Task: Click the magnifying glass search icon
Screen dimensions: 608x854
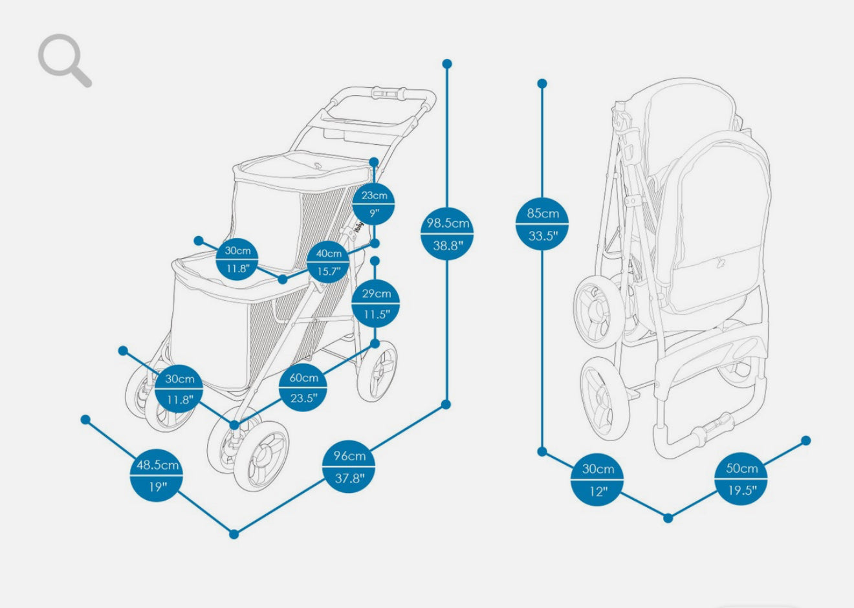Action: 63,60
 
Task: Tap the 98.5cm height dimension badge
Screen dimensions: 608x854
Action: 447,234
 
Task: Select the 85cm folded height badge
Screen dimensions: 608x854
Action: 542,224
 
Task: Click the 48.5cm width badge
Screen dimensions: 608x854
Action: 157,475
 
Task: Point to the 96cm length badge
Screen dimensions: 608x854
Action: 349,466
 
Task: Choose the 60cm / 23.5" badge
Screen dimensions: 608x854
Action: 303,387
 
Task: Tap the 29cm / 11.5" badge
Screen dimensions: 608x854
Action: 376,303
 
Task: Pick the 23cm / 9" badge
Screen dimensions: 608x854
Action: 374,204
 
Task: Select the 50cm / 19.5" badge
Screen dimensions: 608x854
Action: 741,479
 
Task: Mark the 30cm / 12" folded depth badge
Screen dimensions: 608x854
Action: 597,479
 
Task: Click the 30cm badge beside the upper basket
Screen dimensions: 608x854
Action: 237,259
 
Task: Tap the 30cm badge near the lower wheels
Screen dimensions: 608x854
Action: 179,388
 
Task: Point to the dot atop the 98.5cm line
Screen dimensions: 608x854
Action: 447,63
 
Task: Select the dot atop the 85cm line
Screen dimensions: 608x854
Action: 542,83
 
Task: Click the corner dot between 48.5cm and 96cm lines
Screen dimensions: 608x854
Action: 234,534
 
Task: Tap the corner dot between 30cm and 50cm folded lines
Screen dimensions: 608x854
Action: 668,517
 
